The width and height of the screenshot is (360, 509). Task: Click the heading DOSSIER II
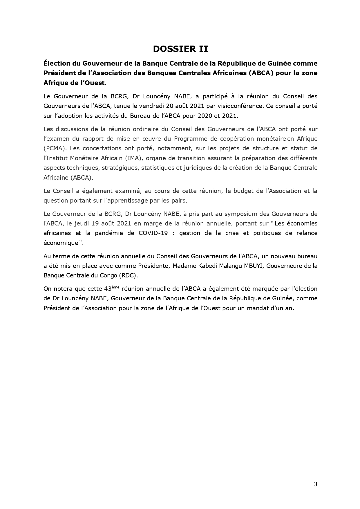[x=180, y=49]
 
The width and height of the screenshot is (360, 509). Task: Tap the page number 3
[x=316, y=484]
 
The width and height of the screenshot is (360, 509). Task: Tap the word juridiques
[x=216, y=168]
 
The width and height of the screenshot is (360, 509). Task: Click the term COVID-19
[x=153, y=233]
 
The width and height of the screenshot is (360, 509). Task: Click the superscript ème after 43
[x=115, y=287]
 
